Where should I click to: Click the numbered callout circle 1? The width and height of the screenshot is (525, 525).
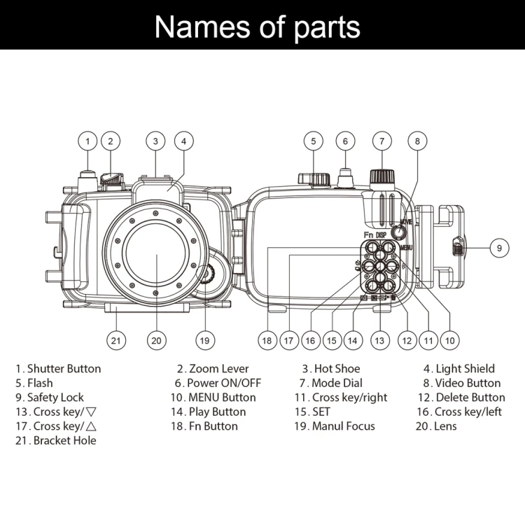click(x=87, y=141)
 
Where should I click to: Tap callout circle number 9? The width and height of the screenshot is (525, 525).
click(x=498, y=247)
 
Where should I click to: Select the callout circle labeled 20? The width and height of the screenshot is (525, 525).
click(x=156, y=341)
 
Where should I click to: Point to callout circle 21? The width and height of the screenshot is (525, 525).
click(x=116, y=341)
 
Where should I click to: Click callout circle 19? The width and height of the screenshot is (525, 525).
click(x=204, y=341)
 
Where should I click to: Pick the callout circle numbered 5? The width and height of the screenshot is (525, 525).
click(x=313, y=141)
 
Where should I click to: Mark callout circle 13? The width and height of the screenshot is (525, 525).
click(x=379, y=341)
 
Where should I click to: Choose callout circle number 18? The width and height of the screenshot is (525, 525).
click(x=267, y=341)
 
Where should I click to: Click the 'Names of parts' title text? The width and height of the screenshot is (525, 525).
click(x=257, y=27)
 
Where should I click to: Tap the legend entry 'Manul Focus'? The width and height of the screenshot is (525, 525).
click(x=343, y=426)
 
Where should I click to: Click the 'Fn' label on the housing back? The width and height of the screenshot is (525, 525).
click(x=367, y=234)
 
